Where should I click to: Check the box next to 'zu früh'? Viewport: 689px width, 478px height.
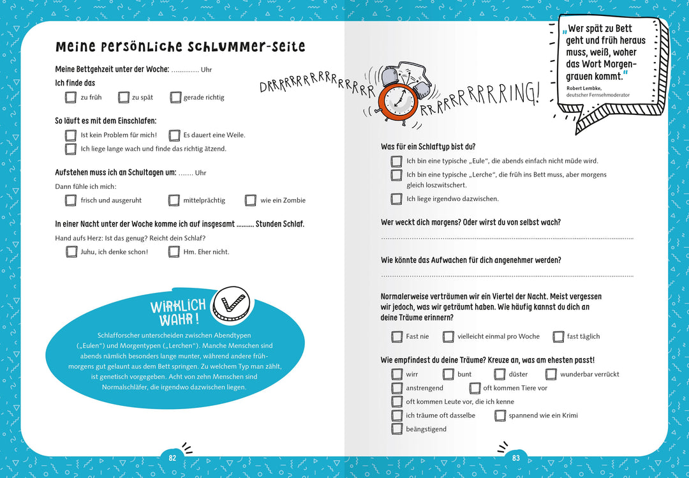click(x=71, y=97)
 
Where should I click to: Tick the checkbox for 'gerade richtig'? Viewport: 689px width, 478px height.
click(x=175, y=97)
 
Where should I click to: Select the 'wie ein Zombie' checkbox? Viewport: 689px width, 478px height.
click(x=251, y=200)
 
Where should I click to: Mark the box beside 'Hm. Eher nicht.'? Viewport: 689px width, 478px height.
click(x=174, y=251)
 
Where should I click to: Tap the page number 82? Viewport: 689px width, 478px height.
click(x=172, y=458)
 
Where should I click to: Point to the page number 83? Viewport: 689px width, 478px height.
click(x=516, y=458)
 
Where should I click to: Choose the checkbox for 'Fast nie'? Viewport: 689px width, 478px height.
click(x=397, y=336)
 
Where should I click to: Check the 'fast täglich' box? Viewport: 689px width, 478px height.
click(x=558, y=336)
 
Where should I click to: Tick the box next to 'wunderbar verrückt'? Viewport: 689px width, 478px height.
click(x=551, y=374)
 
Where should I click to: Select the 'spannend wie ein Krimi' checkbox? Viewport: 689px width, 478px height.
click(x=500, y=415)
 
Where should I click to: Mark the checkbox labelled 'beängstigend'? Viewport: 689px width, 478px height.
click(x=397, y=429)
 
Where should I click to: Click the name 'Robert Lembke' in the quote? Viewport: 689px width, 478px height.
click(x=584, y=88)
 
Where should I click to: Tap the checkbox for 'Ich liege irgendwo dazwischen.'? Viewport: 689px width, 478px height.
click(x=397, y=198)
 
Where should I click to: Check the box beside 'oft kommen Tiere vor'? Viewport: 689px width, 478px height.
click(x=475, y=388)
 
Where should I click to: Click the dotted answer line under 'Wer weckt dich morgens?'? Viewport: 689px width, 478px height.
click(x=507, y=239)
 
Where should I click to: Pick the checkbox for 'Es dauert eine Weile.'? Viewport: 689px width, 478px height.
click(x=174, y=135)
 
